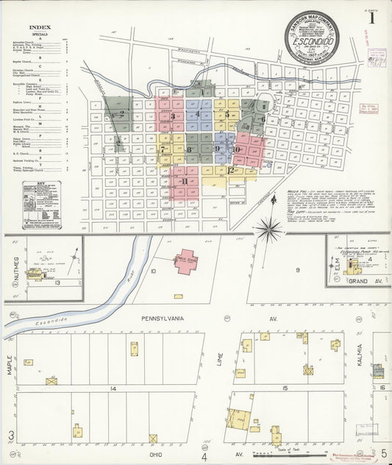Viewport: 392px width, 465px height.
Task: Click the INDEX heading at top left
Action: (40, 29)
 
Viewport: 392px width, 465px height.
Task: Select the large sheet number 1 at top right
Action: (373, 20)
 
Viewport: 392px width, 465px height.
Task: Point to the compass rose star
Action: (269, 229)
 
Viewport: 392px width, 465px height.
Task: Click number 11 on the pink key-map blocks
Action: (185, 181)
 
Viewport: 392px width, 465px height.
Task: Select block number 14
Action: (113, 388)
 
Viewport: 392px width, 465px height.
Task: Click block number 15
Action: (285, 388)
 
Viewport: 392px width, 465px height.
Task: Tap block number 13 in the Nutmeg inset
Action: (57, 281)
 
